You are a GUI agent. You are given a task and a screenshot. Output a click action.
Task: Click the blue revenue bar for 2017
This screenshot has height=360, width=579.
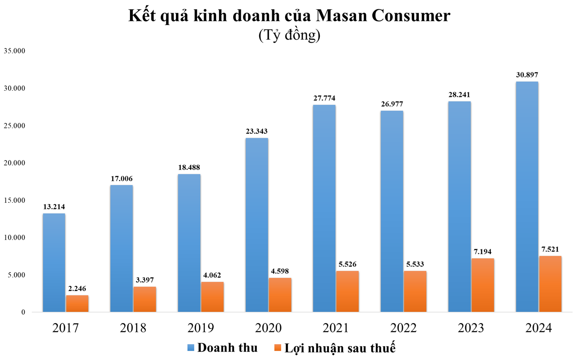[x=54, y=263]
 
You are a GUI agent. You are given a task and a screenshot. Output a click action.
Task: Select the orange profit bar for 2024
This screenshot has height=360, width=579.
[x=550, y=284]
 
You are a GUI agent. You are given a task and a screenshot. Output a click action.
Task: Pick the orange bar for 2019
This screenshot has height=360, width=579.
[x=212, y=297]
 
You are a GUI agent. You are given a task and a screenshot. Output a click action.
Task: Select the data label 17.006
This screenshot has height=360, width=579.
[x=122, y=179]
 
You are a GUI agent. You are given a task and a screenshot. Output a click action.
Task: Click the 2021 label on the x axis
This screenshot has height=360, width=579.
[x=336, y=327]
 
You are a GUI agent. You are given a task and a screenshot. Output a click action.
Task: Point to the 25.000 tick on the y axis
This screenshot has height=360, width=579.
[x=15, y=126]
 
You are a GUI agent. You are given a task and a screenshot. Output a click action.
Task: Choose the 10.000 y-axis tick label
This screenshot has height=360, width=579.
[x=15, y=237]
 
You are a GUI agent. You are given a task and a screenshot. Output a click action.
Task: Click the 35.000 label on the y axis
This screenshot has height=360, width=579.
[x=15, y=51]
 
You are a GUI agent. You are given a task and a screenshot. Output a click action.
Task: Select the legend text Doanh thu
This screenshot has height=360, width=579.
[x=227, y=347]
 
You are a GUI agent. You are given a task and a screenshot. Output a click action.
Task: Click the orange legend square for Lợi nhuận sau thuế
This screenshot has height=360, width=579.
[x=278, y=347]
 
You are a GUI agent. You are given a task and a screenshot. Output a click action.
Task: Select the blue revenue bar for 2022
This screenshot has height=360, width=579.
[x=392, y=211]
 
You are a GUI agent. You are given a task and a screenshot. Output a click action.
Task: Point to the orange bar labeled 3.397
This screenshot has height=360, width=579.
[x=145, y=299]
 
